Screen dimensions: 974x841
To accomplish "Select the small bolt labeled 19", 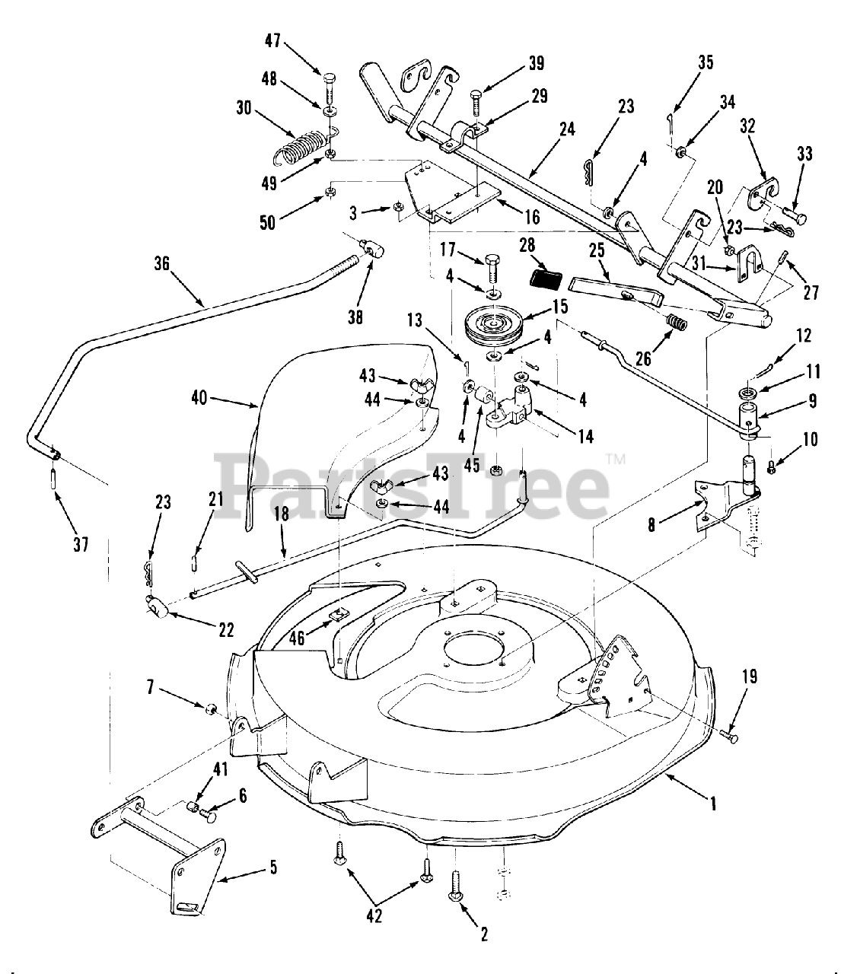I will tap(731, 736).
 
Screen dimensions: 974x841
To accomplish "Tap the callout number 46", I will tap(297, 638).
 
